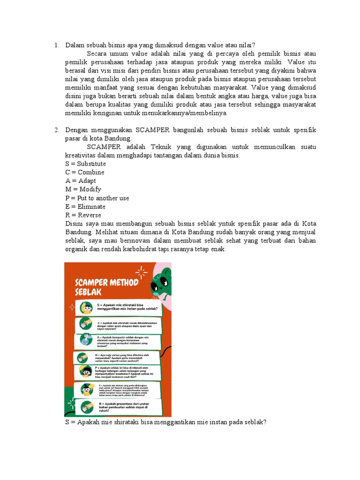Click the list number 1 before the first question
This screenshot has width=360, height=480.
56,45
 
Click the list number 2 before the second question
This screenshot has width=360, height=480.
56,130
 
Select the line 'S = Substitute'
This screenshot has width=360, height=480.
86,164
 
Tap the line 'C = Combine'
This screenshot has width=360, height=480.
85,172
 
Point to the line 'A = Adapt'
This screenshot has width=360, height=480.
81,181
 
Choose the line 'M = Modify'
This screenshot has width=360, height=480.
83,189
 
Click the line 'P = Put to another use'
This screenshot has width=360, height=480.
97,198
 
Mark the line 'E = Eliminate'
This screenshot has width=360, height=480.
85,207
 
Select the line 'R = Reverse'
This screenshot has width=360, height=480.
83,215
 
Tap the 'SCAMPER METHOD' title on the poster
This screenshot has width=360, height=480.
107,282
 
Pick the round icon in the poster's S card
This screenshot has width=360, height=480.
87,307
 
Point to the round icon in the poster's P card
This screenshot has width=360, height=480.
87,371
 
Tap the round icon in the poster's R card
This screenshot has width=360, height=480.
87,406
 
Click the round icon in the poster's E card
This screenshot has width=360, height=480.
87,389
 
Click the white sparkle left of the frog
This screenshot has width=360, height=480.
140,271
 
